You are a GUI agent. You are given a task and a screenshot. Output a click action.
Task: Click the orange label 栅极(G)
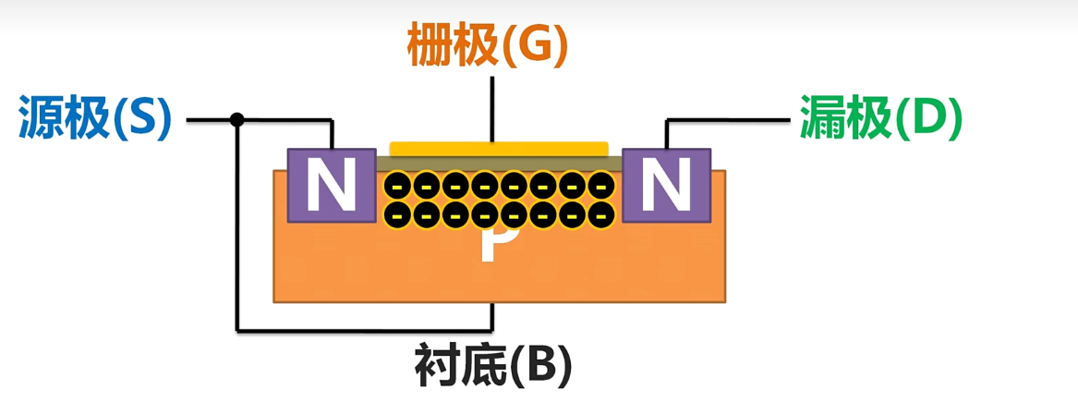[486, 44]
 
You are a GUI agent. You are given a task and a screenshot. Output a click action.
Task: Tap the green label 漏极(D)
[880, 117]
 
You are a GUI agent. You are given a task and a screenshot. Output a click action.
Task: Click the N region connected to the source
[322, 186]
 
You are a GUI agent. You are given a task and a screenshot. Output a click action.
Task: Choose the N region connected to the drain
[667, 186]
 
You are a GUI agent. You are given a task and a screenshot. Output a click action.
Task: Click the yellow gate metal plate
[499, 148]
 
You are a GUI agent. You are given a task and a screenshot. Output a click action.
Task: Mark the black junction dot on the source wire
[237, 119]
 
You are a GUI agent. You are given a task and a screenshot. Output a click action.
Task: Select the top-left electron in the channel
[397, 186]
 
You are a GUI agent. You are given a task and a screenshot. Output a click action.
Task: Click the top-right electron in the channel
[602, 186]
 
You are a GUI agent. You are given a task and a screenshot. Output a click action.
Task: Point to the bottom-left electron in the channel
[397, 214]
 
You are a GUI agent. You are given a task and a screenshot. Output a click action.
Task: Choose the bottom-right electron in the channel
[602, 214]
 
